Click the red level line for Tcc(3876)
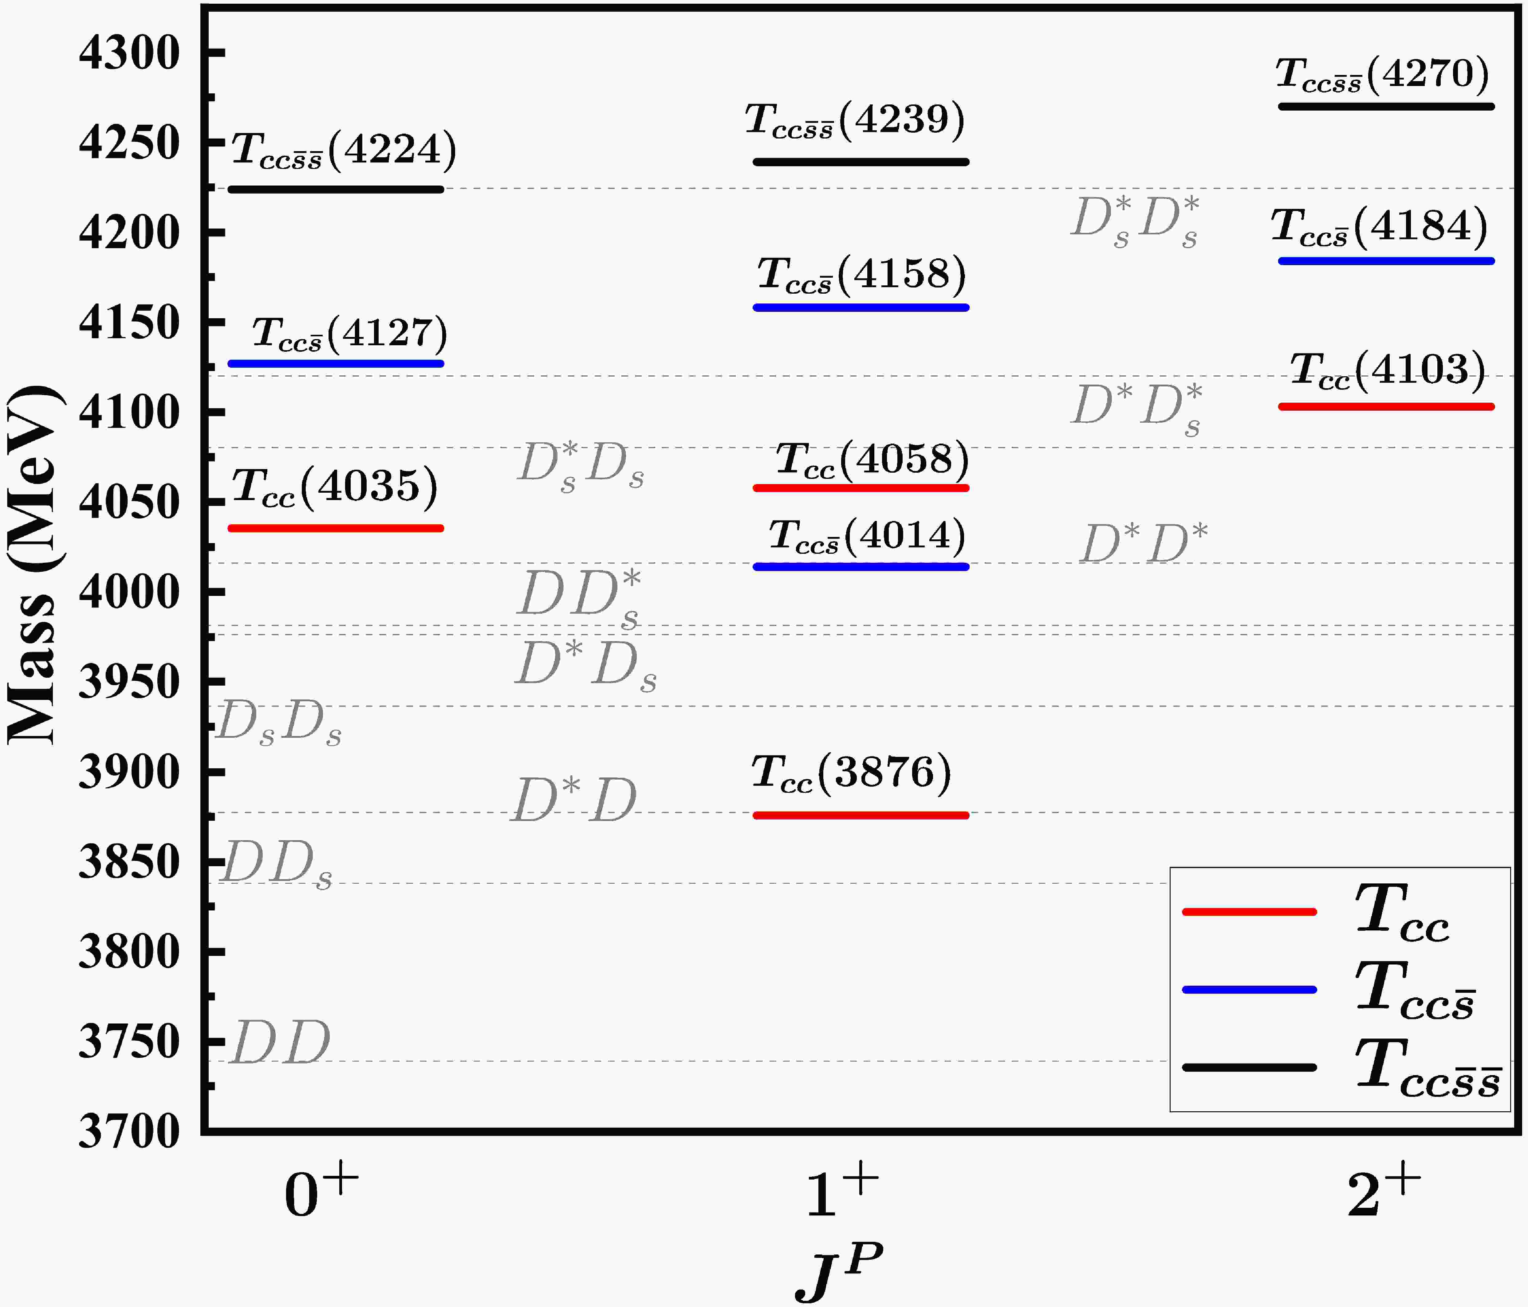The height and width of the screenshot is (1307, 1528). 860,815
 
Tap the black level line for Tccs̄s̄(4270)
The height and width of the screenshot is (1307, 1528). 1386,107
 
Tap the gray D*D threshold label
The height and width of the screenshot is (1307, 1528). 574,800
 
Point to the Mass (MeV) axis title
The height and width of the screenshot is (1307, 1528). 33,564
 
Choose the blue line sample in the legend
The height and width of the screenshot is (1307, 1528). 1249,989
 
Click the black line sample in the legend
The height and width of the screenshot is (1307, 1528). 1249,1067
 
